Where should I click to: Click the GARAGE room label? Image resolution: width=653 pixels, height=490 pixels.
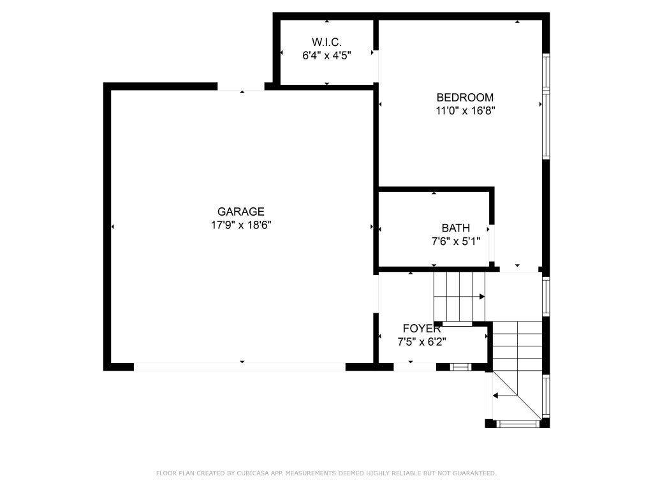(x=240, y=212)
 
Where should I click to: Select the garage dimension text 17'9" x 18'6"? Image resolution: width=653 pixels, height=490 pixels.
(x=241, y=225)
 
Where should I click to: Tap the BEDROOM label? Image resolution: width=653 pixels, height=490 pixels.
(x=465, y=98)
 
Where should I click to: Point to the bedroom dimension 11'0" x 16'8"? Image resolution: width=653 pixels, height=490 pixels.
(x=465, y=111)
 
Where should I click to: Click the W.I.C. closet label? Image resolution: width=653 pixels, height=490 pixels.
(x=326, y=42)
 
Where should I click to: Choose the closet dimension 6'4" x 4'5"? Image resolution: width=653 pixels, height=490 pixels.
(x=327, y=56)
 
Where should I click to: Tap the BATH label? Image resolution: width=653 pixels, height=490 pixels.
(x=455, y=228)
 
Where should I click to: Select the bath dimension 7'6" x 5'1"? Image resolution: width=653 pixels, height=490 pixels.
(x=456, y=242)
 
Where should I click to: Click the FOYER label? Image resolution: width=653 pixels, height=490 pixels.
(x=422, y=329)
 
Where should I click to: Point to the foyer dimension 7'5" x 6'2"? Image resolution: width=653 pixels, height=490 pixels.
(x=422, y=342)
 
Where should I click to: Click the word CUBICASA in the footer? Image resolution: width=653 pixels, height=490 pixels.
(x=253, y=473)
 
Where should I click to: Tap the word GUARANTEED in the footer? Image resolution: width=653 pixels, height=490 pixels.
(x=474, y=473)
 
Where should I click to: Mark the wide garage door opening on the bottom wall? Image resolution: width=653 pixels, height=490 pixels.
(x=240, y=367)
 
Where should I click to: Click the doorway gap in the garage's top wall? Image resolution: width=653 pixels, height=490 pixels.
(x=240, y=87)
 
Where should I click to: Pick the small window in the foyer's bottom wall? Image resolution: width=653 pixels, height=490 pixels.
(x=460, y=367)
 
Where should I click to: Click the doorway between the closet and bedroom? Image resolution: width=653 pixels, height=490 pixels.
(x=376, y=66)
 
